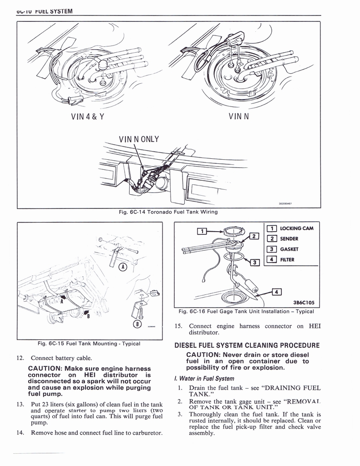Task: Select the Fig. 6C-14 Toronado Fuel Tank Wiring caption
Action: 168,212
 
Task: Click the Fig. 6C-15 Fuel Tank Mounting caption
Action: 89,344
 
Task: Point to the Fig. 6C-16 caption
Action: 246,311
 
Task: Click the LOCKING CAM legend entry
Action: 294,228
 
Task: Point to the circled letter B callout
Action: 137,324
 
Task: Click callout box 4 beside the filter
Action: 276,292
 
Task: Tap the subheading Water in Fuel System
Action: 204,379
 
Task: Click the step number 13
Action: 20,404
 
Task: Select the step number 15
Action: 178,326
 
